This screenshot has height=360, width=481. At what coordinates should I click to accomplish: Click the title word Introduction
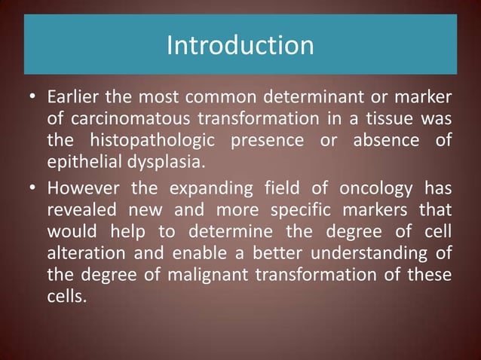[x=240, y=46]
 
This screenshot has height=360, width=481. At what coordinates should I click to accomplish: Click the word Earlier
[x=72, y=99]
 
